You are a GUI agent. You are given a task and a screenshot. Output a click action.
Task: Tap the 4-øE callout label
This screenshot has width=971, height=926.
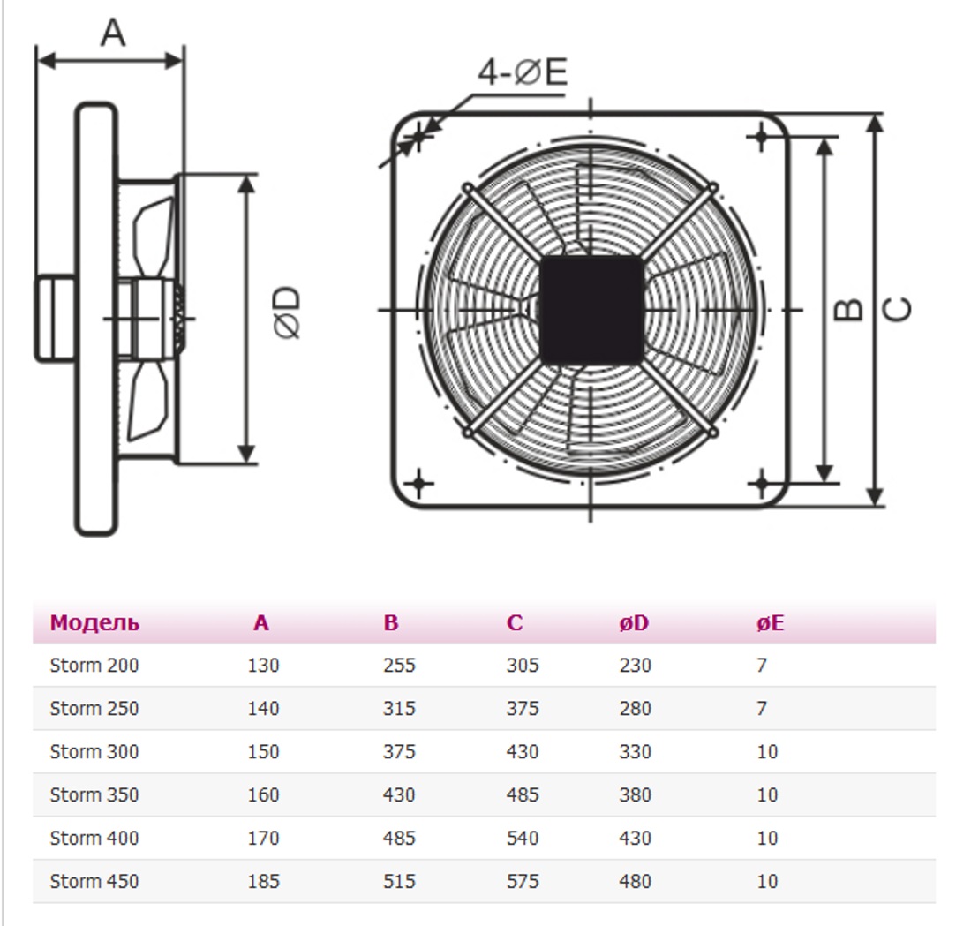tap(522, 72)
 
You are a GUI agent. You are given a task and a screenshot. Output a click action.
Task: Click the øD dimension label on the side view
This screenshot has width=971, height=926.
tap(288, 311)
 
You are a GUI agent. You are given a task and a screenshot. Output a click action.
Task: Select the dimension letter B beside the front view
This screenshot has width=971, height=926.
tap(848, 308)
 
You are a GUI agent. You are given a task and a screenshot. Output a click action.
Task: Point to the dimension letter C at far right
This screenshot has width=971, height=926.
tap(897, 308)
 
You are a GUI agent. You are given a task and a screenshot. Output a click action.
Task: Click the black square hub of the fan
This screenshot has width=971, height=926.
tap(591, 310)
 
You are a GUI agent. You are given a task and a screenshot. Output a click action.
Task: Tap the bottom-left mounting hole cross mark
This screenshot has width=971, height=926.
tap(420, 483)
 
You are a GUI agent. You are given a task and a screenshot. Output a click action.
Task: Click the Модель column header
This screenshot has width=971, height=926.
tap(94, 623)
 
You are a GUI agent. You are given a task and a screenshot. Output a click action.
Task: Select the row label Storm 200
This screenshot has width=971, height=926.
tap(94, 666)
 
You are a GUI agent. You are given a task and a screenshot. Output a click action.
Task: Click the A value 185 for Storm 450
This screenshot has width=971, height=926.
tap(263, 881)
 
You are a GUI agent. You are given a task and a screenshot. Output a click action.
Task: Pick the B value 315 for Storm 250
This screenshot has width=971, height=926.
tap(399, 709)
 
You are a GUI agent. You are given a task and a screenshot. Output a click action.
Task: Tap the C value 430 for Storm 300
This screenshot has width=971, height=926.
tap(522, 752)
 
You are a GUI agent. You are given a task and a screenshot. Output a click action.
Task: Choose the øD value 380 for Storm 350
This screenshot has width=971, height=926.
tap(635, 795)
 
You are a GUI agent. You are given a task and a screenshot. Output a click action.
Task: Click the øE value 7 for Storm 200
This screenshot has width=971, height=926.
tap(762, 666)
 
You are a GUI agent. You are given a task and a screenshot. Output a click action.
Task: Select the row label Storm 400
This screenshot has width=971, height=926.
tap(94, 839)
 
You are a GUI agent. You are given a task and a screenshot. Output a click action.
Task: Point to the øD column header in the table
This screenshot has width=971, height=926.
tap(634, 623)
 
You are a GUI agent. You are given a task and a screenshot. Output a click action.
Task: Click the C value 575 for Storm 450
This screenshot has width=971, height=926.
tap(522, 881)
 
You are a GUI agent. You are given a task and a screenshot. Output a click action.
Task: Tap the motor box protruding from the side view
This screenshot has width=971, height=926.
tap(55, 318)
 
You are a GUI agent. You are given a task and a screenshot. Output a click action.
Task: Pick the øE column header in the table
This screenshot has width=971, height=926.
tap(770, 623)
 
